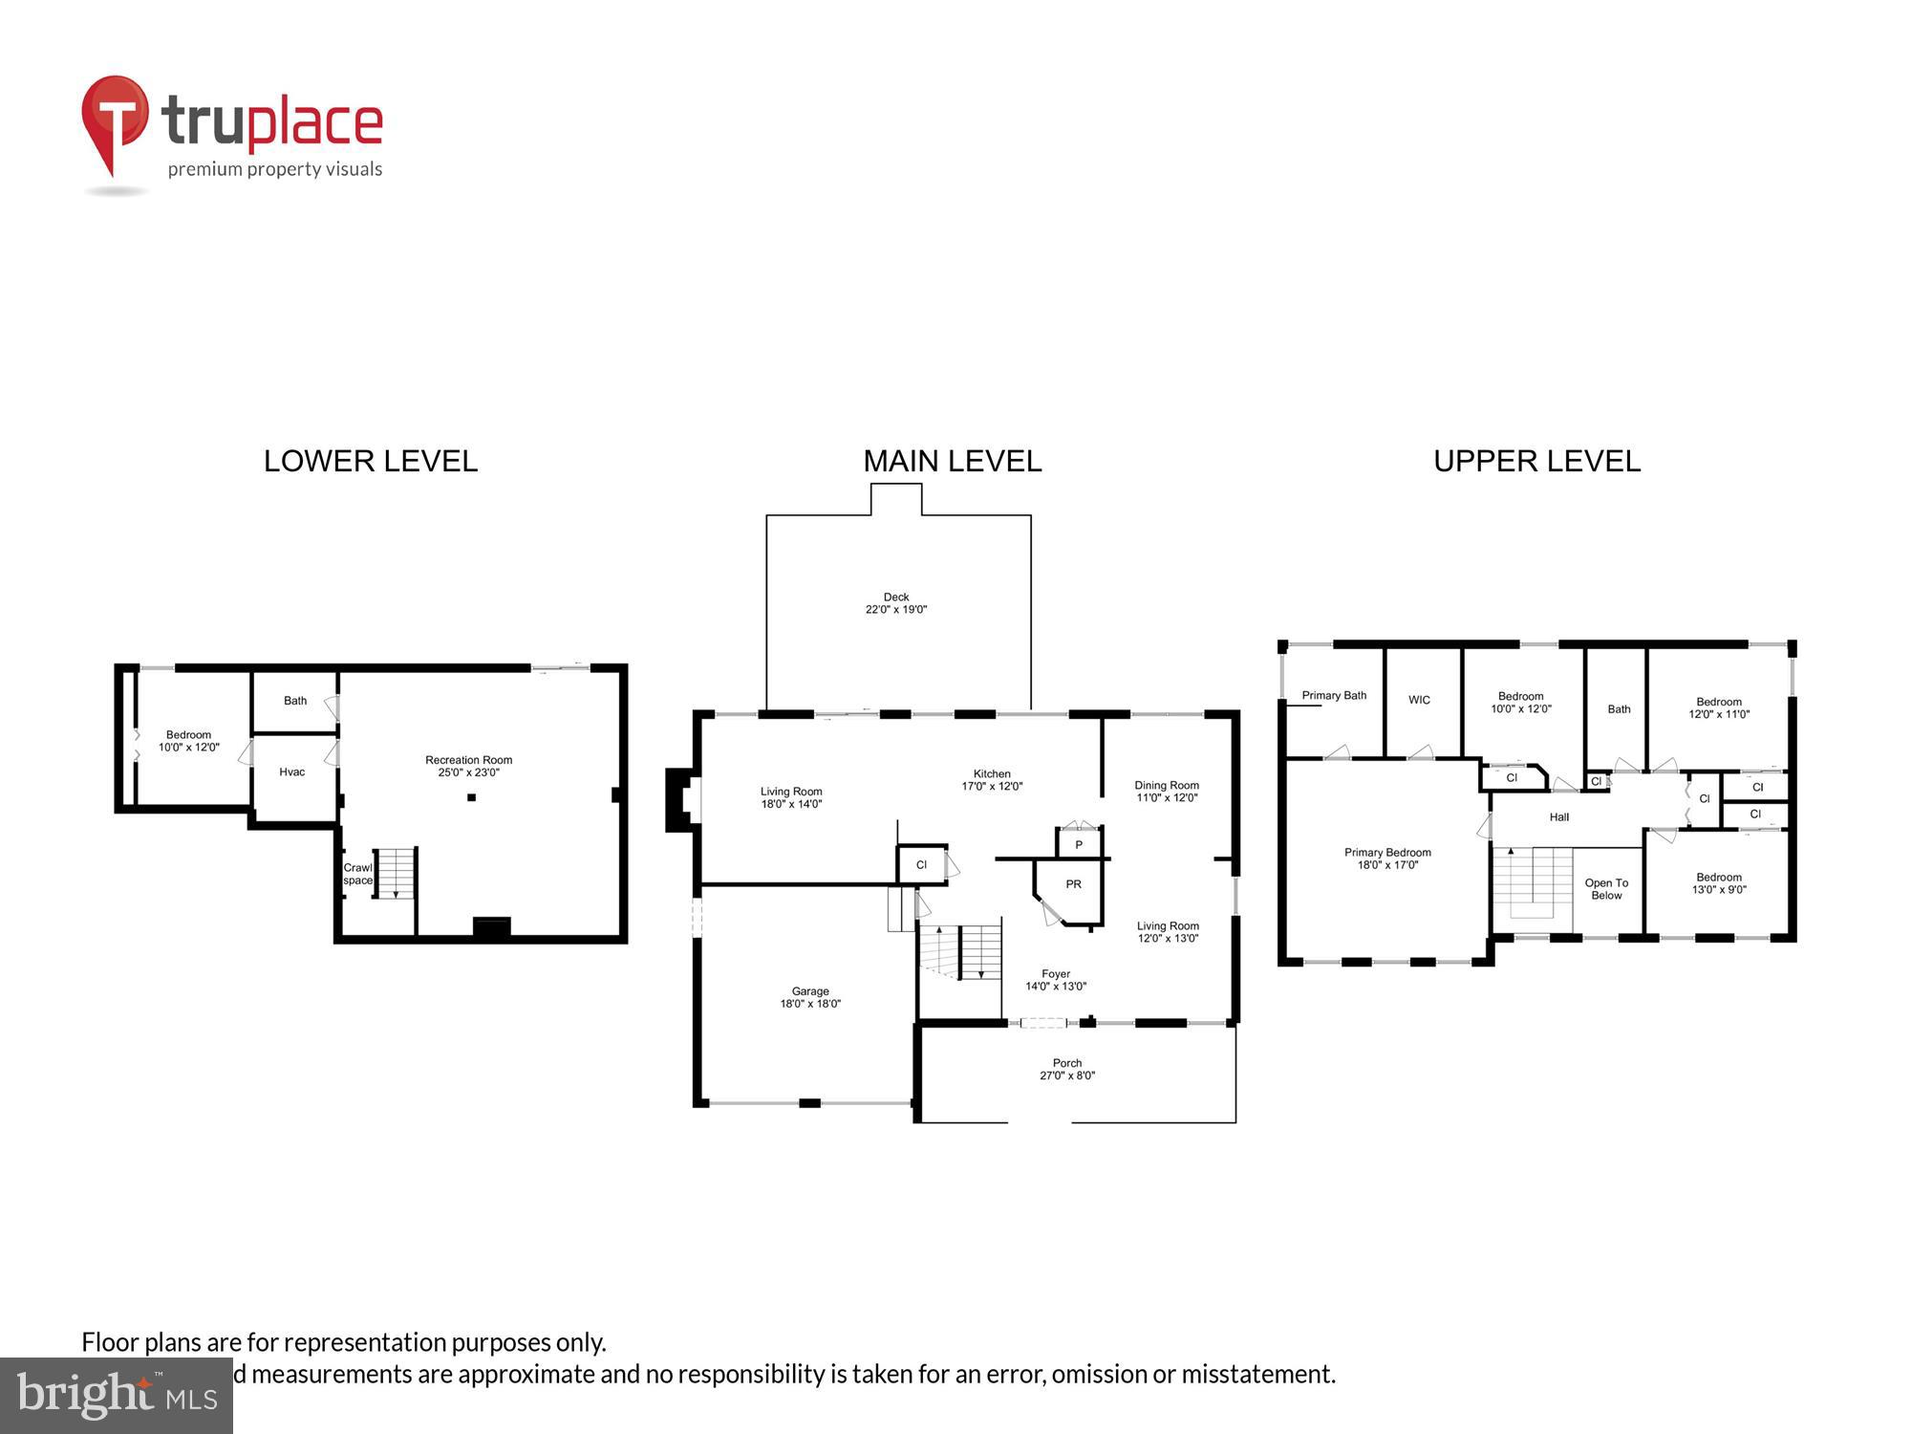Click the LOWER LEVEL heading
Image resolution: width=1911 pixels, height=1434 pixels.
(371, 462)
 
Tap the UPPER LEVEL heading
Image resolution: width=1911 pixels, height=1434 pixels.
(1536, 462)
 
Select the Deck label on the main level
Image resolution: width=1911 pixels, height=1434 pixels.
(895, 597)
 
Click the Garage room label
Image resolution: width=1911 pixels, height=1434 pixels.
(810, 992)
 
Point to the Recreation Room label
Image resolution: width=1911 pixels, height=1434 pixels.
(468, 761)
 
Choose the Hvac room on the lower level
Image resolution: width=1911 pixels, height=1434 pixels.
(292, 772)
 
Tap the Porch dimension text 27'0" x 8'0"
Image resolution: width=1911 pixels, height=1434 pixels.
(1067, 1075)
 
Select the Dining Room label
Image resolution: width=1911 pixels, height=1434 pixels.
(1166, 786)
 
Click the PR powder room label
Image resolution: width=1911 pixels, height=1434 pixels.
(1074, 884)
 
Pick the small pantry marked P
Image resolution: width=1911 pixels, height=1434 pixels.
(1079, 845)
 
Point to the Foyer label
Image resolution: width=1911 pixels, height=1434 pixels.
(1056, 974)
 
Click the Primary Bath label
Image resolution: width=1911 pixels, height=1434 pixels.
(1334, 696)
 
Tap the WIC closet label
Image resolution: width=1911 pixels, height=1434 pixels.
(1420, 701)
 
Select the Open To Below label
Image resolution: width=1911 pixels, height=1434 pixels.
(1606, 889)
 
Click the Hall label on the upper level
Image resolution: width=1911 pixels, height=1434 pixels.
(1559, 817)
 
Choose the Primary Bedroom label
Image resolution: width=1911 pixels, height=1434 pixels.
(1387, 853)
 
